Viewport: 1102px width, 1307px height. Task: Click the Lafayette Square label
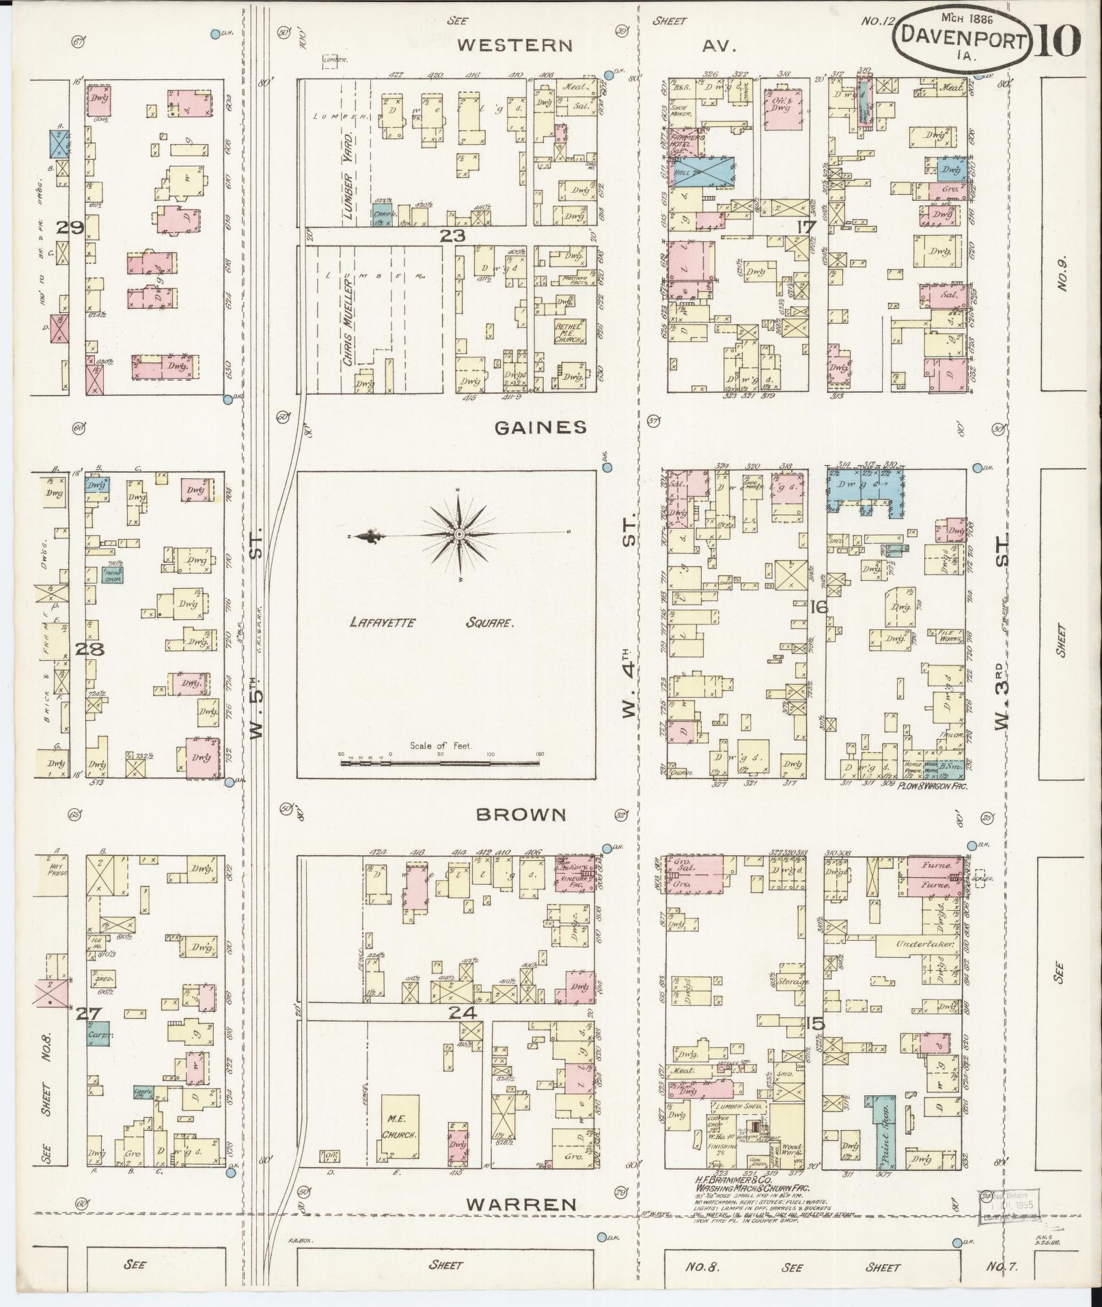point(431,622)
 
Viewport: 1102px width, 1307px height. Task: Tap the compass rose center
point(459,534)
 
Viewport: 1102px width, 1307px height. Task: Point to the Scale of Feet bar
point(440,760)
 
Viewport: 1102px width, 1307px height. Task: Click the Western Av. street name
point(514,45)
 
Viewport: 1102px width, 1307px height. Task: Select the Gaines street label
point(540,427)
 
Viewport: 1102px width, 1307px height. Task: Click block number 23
point(452,236)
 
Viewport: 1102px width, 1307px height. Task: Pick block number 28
point(89,649)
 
